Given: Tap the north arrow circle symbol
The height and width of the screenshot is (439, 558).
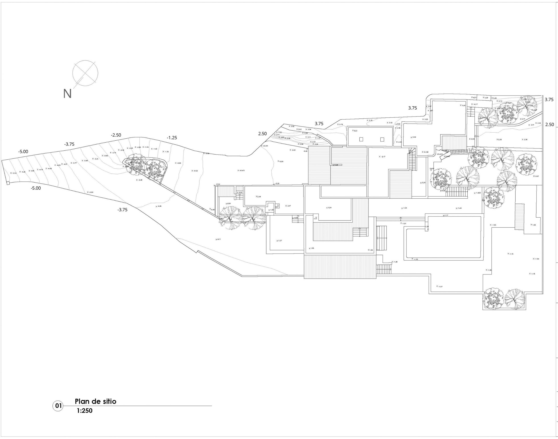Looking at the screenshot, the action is tap(85, 73).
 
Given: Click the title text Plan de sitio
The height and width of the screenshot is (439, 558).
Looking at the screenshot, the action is tap(95, 401).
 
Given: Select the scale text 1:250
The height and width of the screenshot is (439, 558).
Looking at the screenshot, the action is tap(84, 411).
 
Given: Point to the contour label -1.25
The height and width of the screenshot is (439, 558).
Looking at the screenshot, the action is tap(172, 138).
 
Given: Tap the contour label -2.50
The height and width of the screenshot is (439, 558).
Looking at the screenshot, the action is tap(116, 135).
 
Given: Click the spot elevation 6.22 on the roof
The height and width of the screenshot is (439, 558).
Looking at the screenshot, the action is tap(355, 131).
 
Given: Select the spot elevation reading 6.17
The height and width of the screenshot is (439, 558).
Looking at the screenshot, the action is tap(383, 156).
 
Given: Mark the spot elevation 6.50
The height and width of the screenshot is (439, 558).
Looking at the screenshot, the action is tap(414, 137).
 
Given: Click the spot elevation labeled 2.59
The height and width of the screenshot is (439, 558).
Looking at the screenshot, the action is tap(258, 197).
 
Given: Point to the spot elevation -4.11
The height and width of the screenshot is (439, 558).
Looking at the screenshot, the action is tap(218, 239).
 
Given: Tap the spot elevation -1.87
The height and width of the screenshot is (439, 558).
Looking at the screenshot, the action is tap(440, 286).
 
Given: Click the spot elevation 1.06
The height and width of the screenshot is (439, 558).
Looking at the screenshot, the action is tap(533, 225).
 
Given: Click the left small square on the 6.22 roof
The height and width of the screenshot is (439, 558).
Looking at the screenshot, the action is tap(361, 139).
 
